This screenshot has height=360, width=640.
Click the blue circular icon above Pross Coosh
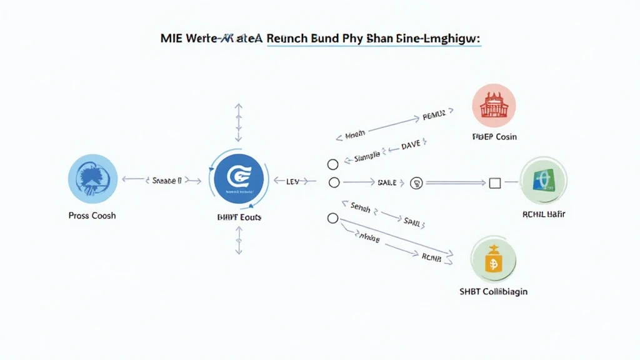click(x=92, y=179)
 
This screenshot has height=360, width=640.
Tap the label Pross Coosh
click(x=92, y=216)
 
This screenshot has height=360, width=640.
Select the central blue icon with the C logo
click(x=237, y=179)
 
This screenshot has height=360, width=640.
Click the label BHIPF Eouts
click(x=238, y=217)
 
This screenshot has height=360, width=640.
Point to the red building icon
click(x=494, y=106)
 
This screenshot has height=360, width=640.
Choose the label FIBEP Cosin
click(x=494, y=137)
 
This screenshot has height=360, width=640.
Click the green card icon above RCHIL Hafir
click(x=543, y=180)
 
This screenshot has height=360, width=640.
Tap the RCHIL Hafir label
click(x=543, y=214)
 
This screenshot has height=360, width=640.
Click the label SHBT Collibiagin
click(x=493, y=292)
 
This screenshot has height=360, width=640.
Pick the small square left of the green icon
click(x=495, y=183)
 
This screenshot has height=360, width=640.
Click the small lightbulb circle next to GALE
click(x=416, y=183)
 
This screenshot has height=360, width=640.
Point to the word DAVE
click(x=411, y=146)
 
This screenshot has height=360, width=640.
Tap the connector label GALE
click(x=387, y=182)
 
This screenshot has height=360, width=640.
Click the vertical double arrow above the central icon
click(x=238, y=123)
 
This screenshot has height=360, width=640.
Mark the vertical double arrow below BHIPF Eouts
click(x=238, y=241)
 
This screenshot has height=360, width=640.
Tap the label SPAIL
click(x=412, y=221)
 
